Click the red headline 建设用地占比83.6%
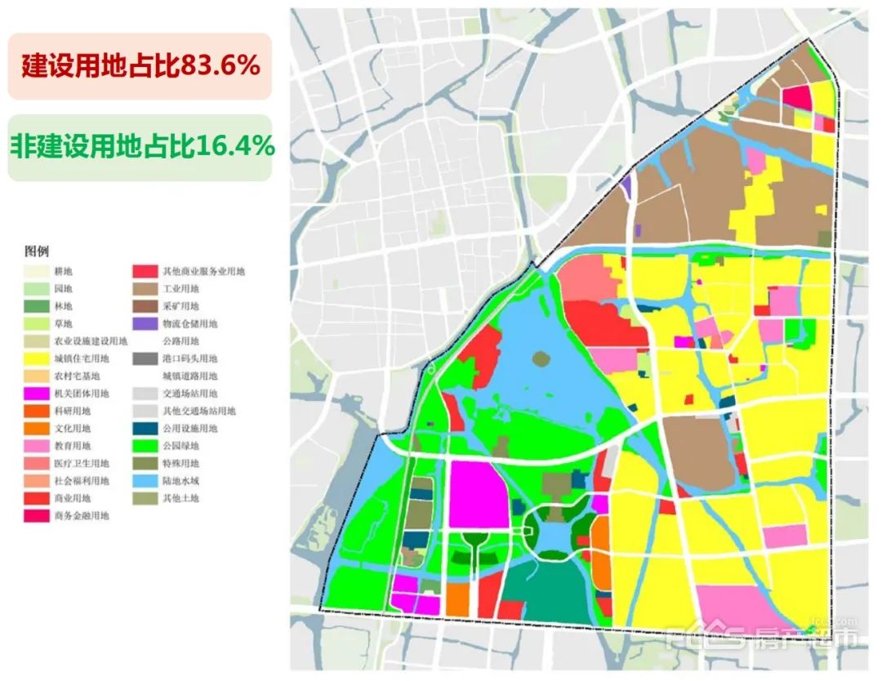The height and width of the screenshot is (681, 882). coord(140,66)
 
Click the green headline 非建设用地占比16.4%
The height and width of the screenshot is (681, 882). coord(141,147)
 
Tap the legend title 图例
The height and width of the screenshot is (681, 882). coord(37,251)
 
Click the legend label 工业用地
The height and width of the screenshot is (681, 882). coord(180,289)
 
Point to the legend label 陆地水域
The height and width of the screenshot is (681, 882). coord(180,481)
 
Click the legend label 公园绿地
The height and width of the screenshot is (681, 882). coord(180,446)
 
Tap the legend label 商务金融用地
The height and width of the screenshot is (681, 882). coord(82,516)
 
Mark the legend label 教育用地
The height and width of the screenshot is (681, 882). coord(72,446)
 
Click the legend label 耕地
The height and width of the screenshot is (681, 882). coord(63,271)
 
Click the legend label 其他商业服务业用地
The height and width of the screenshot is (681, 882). coord(203,271)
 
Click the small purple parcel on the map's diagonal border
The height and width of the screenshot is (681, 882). coord(626,185)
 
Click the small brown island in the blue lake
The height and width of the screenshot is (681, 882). coord(540,358)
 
